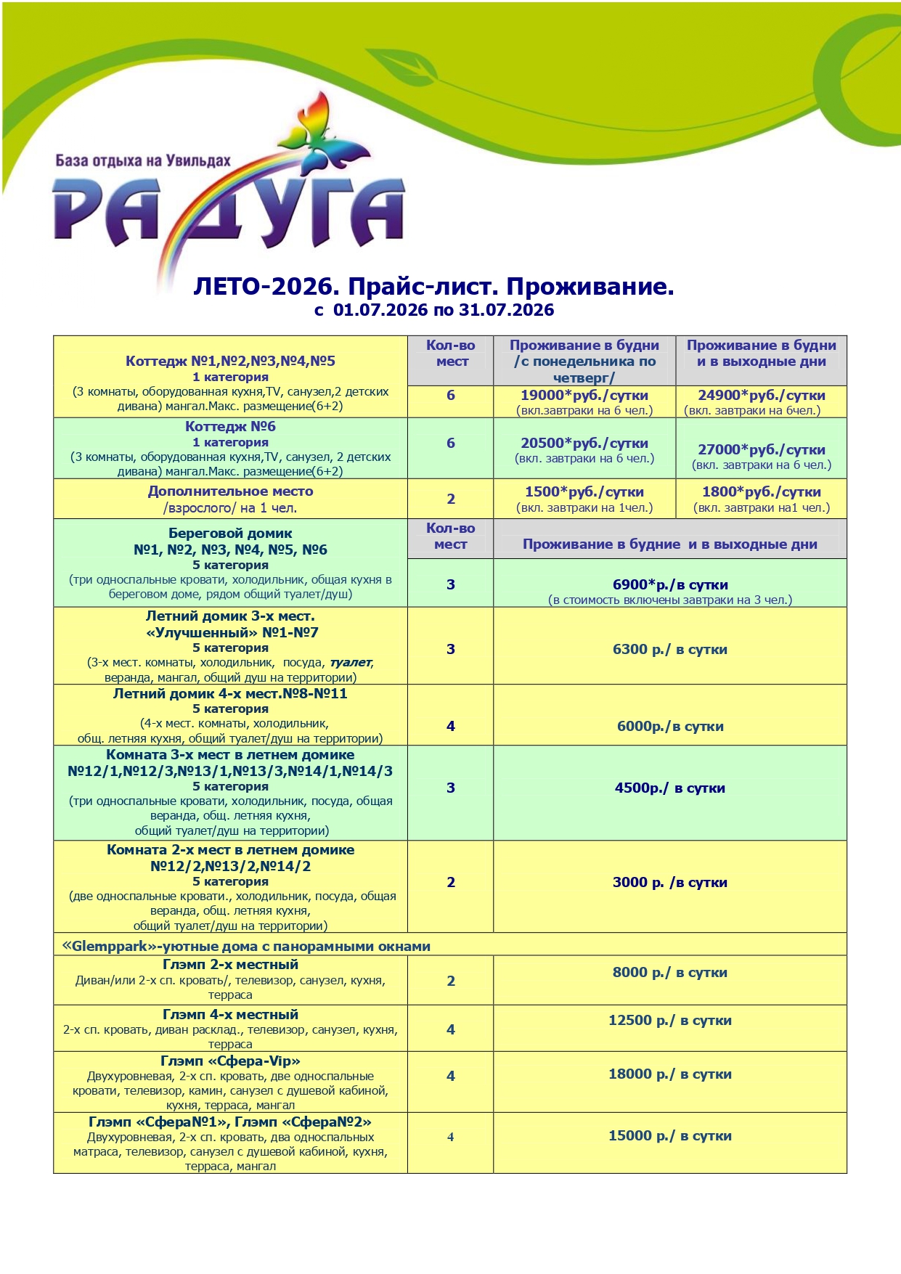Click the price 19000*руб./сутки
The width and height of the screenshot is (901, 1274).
coord(584,396)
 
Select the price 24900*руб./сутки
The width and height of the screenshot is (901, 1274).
coord(761,396)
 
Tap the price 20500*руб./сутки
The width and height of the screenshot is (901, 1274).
coord(584,444)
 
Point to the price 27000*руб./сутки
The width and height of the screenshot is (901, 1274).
coord(761,450)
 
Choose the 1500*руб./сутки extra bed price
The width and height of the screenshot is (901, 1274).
coord(584,492)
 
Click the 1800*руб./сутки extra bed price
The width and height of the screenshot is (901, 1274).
coord(761,492)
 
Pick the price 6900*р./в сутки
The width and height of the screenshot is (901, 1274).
coord(669,585)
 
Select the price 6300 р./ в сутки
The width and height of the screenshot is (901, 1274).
coord(669,650)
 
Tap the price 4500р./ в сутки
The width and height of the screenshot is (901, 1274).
coord(669,788)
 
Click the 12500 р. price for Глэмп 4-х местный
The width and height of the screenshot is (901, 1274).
coord(669,1021)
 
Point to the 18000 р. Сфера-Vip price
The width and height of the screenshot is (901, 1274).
coord(669,1074)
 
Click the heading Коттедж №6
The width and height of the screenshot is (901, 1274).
coord(230,427)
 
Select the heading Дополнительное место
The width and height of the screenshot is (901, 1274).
coord(230,491)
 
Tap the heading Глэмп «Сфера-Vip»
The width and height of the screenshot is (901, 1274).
coord(230,1061)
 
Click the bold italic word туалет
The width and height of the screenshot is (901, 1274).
coord(351,663)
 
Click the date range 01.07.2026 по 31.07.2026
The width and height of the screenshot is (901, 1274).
coord(443,311)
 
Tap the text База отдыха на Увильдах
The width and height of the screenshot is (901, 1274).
coord(143,160)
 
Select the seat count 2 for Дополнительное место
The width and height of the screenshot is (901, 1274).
coord(450,499)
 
